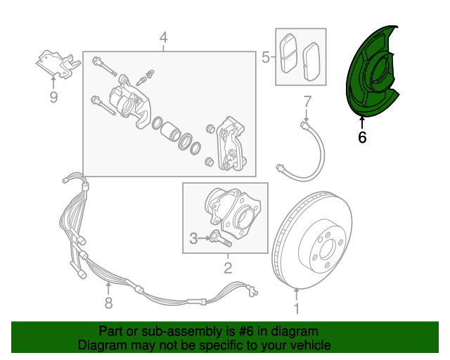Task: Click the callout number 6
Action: point(362,137)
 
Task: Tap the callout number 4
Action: point(163,37)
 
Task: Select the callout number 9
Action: point(53,98)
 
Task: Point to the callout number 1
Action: point(296,309)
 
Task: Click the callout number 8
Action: point(108,304)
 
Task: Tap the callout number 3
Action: point(194,239)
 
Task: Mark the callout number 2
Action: point(227,267)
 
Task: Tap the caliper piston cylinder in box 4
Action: point(169,131)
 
